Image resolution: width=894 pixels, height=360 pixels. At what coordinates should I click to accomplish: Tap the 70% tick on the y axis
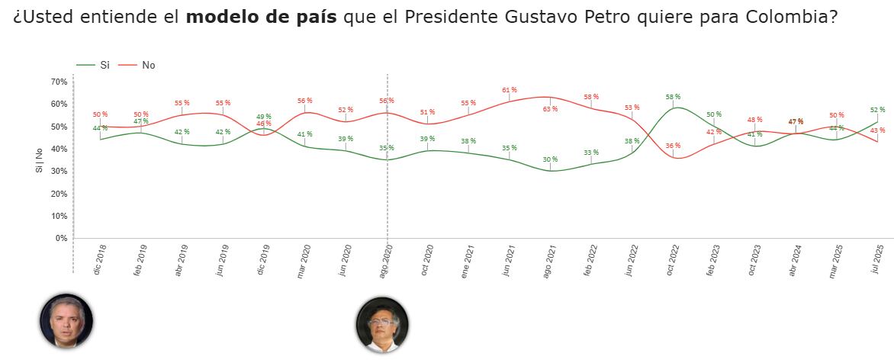tap(59, 82)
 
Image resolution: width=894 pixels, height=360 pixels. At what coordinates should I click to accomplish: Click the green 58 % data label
tap(672, 97)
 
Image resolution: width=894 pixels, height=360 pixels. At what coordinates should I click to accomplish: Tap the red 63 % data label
tap(550, 109)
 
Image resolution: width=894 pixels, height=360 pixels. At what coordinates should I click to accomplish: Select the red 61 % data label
tap(509, 90)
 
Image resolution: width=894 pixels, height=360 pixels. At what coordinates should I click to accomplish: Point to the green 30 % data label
tap(550, 159)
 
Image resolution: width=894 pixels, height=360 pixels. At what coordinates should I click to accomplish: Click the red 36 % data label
tap(672, 146)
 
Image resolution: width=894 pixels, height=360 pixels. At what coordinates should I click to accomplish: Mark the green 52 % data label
tap(877, 109)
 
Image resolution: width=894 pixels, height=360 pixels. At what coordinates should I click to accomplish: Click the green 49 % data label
tap(263, 116)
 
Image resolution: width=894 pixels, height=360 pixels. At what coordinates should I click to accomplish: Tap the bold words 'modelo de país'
tap(261, 17)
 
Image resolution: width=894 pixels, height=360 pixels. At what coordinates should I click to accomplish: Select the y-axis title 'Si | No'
tap(39, 160)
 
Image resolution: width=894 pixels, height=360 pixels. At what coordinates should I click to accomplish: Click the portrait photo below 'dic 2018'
tap(66, 321)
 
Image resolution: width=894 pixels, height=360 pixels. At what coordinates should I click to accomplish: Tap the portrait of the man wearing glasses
tap(382, 324)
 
